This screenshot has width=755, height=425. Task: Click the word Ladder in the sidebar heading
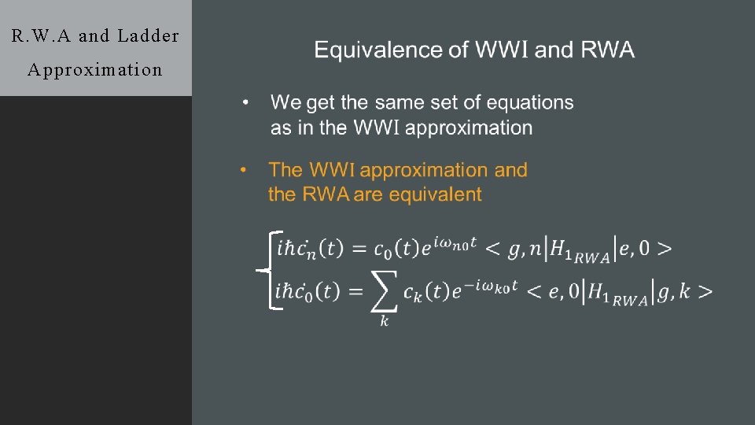click(x=148, y=35)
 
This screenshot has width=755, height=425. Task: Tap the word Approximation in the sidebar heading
click(x=95, y=69)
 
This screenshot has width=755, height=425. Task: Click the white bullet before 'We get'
click(x=246, y=103)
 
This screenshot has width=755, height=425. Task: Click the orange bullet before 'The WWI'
click(x=244, y=170)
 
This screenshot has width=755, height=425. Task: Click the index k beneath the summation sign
click(x=385, y=321)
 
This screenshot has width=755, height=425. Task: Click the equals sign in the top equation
click(x=359, y=249)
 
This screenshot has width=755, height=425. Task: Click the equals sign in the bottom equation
click(x=355, y=292)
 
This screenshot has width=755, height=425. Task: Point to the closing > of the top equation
click(x=665, y=249)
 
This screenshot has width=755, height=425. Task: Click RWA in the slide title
click(x=607, y=51)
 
